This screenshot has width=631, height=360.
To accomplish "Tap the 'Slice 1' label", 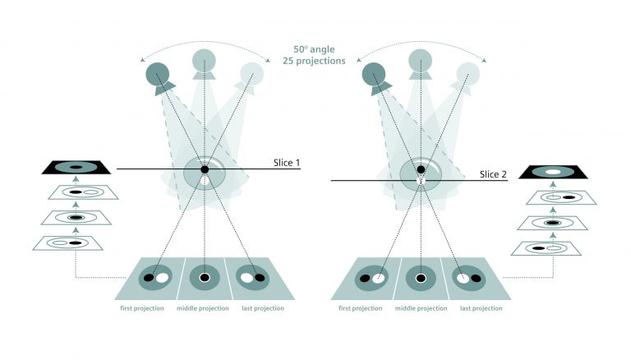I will (285, 164).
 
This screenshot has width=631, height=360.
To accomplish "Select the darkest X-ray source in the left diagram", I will (156, 76).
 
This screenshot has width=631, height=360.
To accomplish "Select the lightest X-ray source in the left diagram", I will (251, 75).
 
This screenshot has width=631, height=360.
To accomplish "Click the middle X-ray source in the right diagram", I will (421, 59).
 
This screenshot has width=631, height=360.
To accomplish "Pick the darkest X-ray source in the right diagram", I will (374, 76).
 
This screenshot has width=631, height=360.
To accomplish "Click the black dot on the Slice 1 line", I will (204, 169).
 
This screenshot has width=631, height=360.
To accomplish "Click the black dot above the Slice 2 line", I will (421, 169).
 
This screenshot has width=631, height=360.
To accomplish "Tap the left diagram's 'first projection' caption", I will (142, 308).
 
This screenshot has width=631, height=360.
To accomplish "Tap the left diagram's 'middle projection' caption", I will (204, 308).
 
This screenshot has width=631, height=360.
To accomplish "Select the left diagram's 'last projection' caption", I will (263, 308).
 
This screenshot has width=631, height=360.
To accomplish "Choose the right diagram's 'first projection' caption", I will (360, 308).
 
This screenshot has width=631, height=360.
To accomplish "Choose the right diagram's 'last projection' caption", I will (480, 308).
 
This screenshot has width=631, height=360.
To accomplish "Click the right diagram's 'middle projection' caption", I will (420, 308).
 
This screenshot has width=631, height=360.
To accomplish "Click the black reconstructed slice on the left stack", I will (76, 168).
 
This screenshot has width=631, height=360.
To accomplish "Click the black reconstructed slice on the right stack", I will (550, 171).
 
